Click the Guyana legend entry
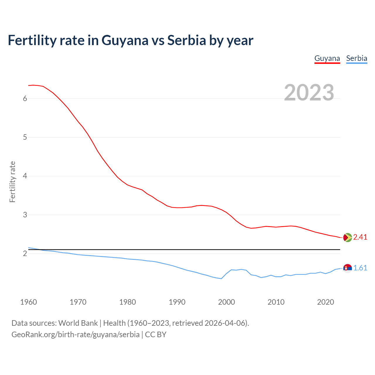(x=327, y=58)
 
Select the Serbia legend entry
(x=357, y=58)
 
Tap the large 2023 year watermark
(x=309, y=93)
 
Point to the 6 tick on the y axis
(x=25, y=98)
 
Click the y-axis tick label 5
(x=25, y=137)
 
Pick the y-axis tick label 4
(x=25, y=176)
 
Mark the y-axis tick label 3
(x=25, y=215)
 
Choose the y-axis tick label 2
(x=25, y=254)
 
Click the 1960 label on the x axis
(x=28, y=302)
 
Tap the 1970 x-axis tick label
(x=78, y=302)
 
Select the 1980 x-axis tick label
(x=127, y=302)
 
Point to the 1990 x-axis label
(x=177, y=302)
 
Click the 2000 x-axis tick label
(x=226, y=302)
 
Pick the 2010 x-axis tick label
(x=276, y=302)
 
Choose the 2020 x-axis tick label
(x=325, y=302)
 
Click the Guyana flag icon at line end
(x=347, y=237)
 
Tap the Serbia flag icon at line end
(x=347, y=268)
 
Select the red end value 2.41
(x=360, y=237)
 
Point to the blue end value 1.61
(x=360, y=268)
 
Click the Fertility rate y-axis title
(x=12, y=182)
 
